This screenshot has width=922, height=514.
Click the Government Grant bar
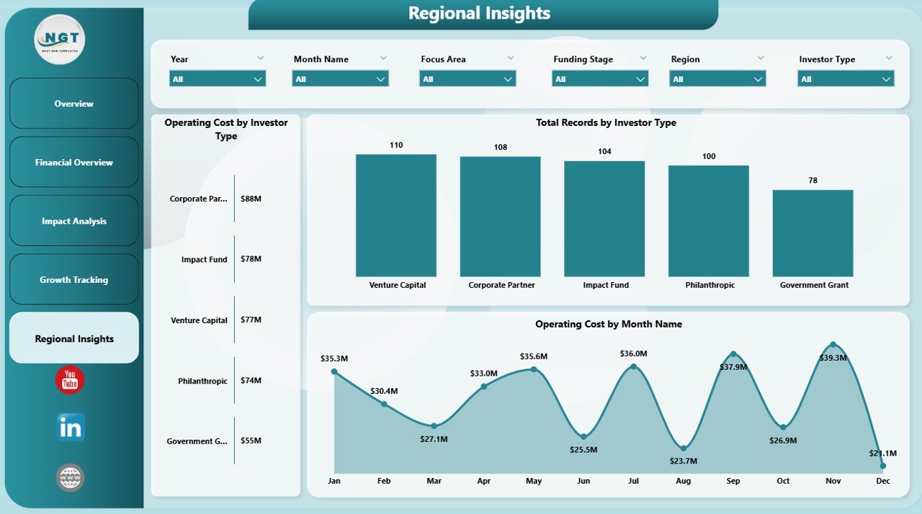tap(813, 233)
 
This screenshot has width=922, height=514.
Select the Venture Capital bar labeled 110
tap(395, 215)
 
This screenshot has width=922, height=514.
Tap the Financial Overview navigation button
tap(73, 163)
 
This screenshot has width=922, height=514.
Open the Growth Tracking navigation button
tap(73, 280)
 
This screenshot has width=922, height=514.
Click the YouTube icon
tap(70, 379)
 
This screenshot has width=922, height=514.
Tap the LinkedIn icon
tap(71, 427)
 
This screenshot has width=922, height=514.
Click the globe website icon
tap(70, 478)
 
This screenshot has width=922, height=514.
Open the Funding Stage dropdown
tap(599, 78)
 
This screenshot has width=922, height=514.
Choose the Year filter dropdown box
tap(218, 78)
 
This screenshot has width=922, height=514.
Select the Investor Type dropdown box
tap(846, 78)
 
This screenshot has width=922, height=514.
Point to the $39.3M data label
tap(833, 358)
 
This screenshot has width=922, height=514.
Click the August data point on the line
tap(683, 448)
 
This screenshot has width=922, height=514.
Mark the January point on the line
tap(334, 371)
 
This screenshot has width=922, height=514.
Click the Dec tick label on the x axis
tap(882, 481)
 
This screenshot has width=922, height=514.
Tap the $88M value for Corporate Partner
tap(251, 199)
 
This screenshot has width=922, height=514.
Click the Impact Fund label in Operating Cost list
tap(204, 259)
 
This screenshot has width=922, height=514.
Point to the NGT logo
tap(60, 39)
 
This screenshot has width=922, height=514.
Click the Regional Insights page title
tap(479, 13)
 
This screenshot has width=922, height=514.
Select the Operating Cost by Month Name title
tap(608, 324)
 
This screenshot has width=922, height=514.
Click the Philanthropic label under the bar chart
tap(709, 285)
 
